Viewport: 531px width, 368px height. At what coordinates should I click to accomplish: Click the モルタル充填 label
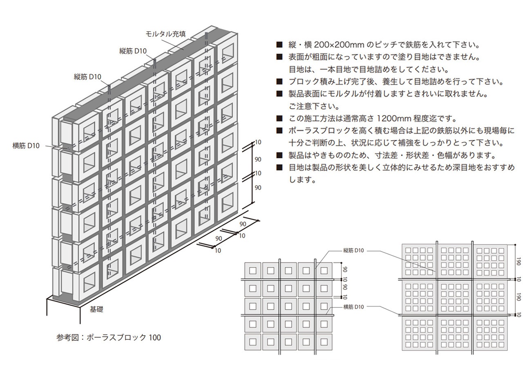[165, 34]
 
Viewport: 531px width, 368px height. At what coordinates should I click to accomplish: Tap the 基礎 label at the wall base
[96, 309]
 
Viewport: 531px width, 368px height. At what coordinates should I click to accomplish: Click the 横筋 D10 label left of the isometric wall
[26, 146]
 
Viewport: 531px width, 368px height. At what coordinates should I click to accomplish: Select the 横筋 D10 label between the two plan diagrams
[353, 307]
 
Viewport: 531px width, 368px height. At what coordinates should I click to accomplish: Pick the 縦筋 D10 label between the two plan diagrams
[353, 250]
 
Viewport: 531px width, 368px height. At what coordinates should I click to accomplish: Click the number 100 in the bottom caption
[155, 337]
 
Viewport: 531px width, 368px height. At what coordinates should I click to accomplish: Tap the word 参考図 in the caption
[67, 337]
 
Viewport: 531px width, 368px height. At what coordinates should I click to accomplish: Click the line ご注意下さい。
[315, 106]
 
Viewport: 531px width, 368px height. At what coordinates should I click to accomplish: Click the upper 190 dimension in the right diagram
[518, 261]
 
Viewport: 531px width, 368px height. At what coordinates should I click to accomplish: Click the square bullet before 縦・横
[279, 45]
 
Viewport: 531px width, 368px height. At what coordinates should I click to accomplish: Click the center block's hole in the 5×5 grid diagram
[288, 306]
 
